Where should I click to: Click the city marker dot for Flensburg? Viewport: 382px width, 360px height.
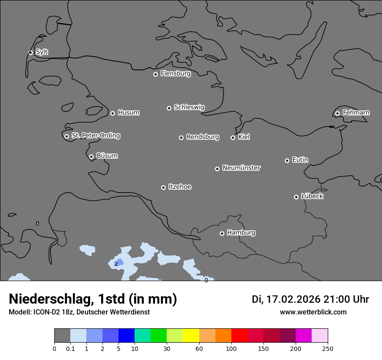[x=155, y=74]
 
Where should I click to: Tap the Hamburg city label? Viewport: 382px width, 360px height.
[x=241, y=232]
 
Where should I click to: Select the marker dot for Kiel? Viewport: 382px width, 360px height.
[x=233, y=137]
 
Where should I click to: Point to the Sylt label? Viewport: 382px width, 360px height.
[x=42, y=52]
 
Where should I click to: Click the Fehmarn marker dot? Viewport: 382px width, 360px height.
[x=337, y=113]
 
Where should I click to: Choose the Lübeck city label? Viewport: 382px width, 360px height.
[x=312, y=196]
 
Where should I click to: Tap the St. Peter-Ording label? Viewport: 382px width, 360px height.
[x=95, y=135]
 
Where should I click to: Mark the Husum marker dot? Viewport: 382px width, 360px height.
[x=112, y=113]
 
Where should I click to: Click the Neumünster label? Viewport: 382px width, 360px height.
[x=241, y=168]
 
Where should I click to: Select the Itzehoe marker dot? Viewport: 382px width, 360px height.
[x=163, y=187]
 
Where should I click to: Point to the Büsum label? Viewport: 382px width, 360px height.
[x=107, y=156]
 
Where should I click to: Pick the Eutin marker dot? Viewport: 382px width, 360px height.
[x=287, y=160]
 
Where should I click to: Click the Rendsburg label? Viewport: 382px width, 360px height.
[x=203, y=137]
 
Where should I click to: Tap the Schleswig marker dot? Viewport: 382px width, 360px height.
[x=169, y=108]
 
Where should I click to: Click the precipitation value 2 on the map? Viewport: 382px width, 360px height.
[x=116, y=264]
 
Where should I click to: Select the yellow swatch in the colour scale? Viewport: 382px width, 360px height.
[x=191, y=336]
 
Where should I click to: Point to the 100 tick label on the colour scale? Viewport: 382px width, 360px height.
[x=231, y=349]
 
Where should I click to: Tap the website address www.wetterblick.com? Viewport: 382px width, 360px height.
[x=313, y=312]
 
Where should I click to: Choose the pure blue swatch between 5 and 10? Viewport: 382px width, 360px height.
[x=126, y=336]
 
